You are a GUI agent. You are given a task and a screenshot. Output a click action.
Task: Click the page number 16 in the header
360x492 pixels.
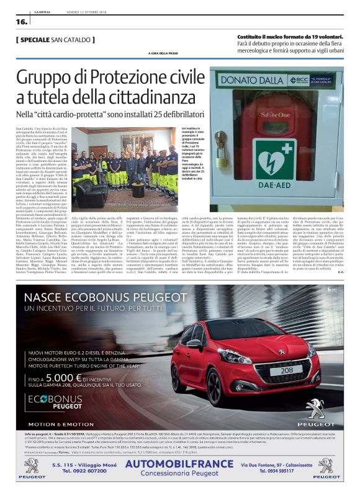point(21,21)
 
